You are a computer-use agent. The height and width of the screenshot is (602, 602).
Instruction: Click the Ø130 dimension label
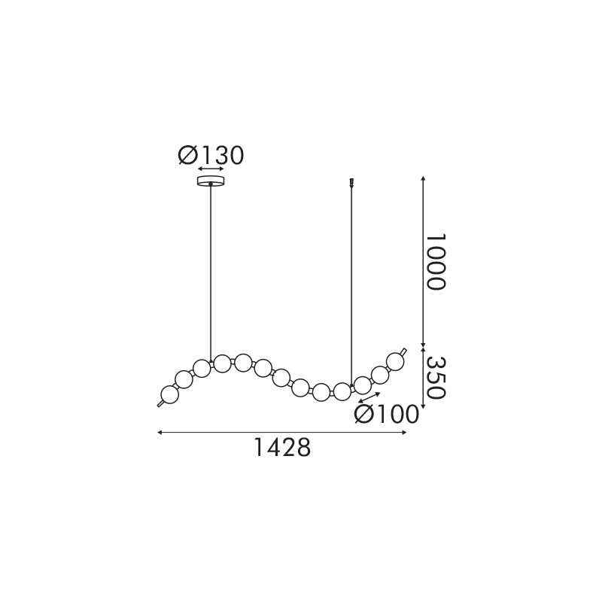pyautogui.click(x=211, y=156)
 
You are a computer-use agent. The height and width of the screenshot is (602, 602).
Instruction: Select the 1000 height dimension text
pyautogui.click(x=435, y=262)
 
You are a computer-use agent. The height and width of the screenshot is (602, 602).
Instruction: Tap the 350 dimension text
pyautogui.click(x=436, y=379)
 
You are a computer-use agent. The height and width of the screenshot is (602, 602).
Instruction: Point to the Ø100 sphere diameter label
pyautogui.click(x=386, y=415)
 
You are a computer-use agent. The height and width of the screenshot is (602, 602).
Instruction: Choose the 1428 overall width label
pyautogui.click(x=282, y=448)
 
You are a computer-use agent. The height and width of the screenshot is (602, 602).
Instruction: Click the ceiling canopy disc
pyautogui.click(x=211, y=181)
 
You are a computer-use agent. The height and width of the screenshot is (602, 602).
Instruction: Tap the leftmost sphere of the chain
pyautogui.click(x=170, y=394)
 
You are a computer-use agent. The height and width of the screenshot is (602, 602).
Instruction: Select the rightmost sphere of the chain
pyautogui.click(x=394, y=361)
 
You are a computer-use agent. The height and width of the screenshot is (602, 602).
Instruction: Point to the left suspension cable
pyautogui.click(x=211, y=273)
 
